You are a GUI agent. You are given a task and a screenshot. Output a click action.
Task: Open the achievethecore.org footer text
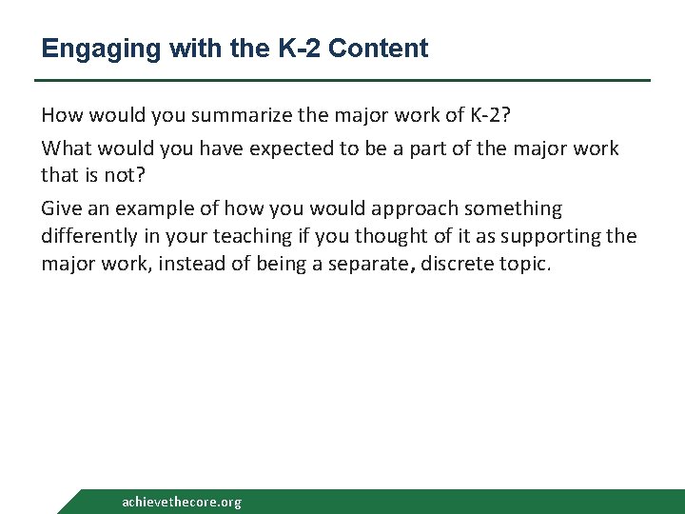point(182,502)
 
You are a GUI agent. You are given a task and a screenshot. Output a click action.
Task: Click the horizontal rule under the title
point(344,81)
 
